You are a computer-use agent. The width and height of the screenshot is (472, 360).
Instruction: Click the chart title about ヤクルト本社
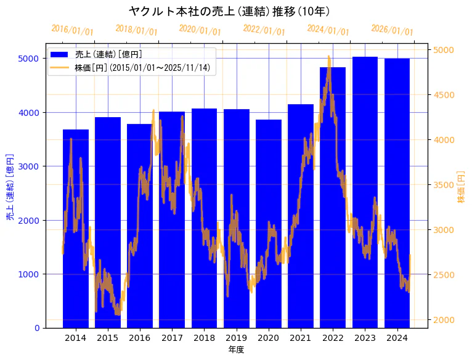229,11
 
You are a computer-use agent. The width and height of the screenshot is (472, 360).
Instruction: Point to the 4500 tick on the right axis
444,95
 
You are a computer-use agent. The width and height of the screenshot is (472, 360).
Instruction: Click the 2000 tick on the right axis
444,319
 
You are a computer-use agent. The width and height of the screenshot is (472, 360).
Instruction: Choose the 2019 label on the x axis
236,338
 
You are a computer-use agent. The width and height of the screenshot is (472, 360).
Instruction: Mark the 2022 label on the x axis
333,338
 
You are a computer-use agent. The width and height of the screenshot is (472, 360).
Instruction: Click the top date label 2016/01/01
72,30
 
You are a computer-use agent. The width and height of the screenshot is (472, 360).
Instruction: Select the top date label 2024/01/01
328,30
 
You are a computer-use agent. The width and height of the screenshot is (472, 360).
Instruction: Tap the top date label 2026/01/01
392,30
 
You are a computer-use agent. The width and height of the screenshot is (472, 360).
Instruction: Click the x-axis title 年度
236,350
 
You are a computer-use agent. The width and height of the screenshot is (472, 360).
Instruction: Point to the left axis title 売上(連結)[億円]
10,187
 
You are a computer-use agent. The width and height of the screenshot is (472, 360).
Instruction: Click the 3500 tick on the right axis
444,185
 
